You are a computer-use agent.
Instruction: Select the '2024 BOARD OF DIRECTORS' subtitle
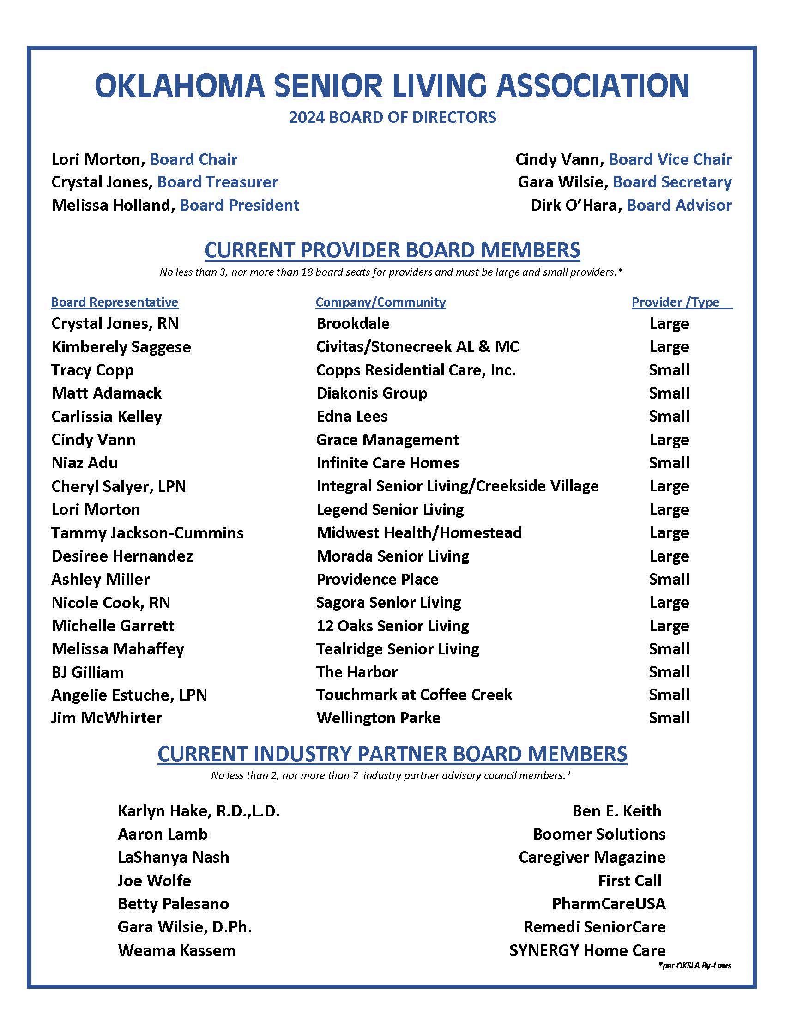(392, 117)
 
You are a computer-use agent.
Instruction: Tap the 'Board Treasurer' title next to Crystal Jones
(217, 182)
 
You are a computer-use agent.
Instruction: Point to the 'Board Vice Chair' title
(670, 160)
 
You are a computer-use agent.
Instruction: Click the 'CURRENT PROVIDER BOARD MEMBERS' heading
(392, 250)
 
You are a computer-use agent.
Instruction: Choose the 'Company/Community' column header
(380, 302)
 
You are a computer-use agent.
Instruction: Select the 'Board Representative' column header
(115, 302)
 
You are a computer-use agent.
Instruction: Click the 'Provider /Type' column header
(675, 302)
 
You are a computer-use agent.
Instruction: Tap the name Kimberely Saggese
(121, 347)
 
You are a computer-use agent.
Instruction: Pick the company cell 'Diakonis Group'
(372, 393)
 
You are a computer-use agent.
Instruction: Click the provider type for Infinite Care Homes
(669, 463)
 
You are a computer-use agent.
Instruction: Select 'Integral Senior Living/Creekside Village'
(457, 486)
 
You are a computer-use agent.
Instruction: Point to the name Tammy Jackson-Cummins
(147, 532)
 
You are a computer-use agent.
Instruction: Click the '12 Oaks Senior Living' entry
(392, 626)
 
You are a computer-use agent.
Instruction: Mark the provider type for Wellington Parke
(669, 718)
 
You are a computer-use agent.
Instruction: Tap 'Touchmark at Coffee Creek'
(414, 695)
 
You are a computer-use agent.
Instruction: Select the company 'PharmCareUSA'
(608, 904)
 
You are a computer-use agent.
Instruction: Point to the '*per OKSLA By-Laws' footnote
(695, 966)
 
